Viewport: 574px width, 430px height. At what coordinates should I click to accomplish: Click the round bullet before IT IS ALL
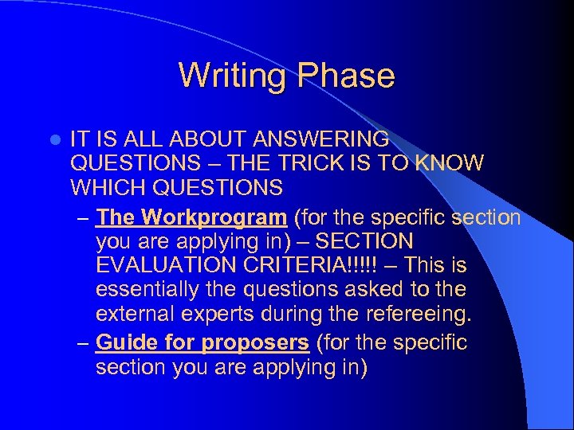pos(53,140)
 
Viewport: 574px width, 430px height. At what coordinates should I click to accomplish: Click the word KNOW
pos(450,163)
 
